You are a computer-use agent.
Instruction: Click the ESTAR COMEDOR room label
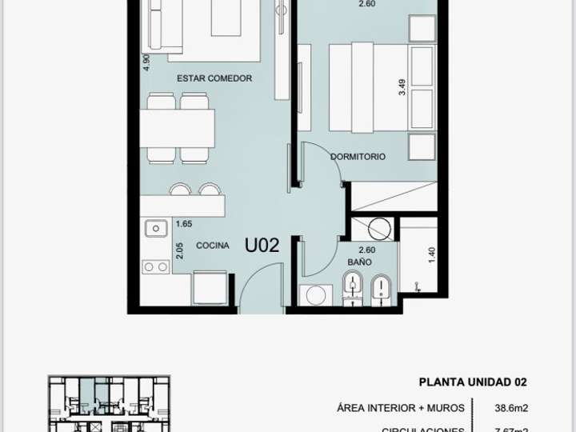tap(214, 78)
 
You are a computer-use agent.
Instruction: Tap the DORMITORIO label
tap(358, 157)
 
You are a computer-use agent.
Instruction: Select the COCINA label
tap(213, 246)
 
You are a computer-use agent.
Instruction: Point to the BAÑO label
tap(358, 262)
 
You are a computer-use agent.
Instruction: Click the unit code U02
tap(262, 246)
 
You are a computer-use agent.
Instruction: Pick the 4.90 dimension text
tap(146, 63)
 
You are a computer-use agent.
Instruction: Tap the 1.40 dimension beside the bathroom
tap(431, 256)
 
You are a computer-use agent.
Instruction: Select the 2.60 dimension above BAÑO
tap(367, 250)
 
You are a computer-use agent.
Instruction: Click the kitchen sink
tap(154, 230)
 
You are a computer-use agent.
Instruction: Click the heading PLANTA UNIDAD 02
tap(473, 382)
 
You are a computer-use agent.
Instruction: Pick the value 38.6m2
tap(511, 408)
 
